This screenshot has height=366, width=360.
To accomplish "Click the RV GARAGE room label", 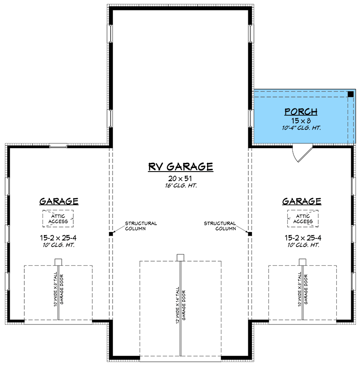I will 180,167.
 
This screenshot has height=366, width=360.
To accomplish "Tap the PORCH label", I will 301,112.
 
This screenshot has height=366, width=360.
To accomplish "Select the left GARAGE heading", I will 59,201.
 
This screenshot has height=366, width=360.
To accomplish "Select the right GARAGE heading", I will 301,201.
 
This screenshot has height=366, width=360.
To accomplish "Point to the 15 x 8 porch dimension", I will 301,121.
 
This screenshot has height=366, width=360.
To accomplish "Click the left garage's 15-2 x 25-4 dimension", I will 59,238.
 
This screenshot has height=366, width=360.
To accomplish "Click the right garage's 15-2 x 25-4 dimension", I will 301,238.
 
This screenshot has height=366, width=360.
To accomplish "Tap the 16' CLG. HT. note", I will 180,186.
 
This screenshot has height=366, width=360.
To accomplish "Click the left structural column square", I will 111,234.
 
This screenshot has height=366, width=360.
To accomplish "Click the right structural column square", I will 250,234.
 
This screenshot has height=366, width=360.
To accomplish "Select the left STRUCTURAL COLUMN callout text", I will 141,226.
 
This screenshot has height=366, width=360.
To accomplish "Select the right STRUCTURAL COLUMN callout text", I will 220,226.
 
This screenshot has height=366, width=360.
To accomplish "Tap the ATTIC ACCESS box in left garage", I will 58,219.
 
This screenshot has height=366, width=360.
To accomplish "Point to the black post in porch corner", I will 350,94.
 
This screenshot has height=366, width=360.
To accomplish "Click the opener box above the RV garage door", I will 180,257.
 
